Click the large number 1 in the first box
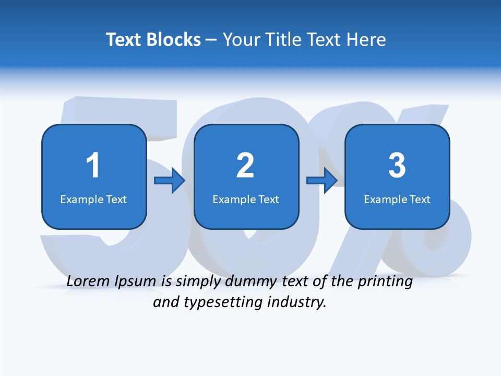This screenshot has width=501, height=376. tap(93, 166)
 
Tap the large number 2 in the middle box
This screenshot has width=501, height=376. tap(245, 166)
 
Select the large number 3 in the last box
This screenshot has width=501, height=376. tap(397, 166)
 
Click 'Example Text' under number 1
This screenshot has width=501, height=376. tap(93, 199)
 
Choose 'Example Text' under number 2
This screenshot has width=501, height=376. tap(246, 199)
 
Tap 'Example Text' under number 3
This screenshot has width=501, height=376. tap(397, 199)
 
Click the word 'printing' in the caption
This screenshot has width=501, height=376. tap(385, 282)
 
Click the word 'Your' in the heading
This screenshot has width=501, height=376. tap(241, 40)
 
